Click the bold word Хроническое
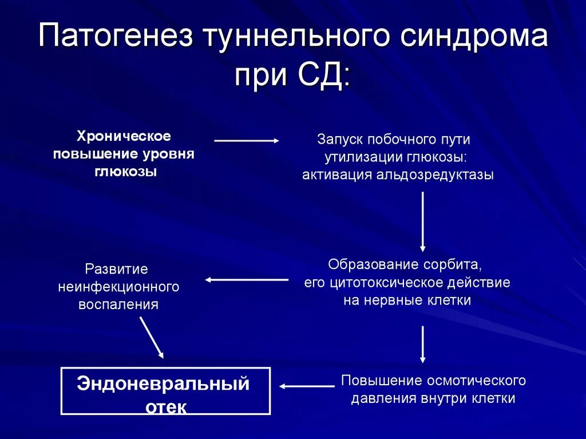coord(124,137)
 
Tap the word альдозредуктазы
coord(434,175)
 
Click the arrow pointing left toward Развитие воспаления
coord(247,280)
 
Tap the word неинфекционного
coord(118,286)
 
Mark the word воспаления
coord(118,304)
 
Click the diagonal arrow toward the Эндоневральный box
coord(152,337)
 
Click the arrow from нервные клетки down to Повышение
coord(423,344)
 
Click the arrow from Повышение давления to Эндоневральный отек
coord(307,386)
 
